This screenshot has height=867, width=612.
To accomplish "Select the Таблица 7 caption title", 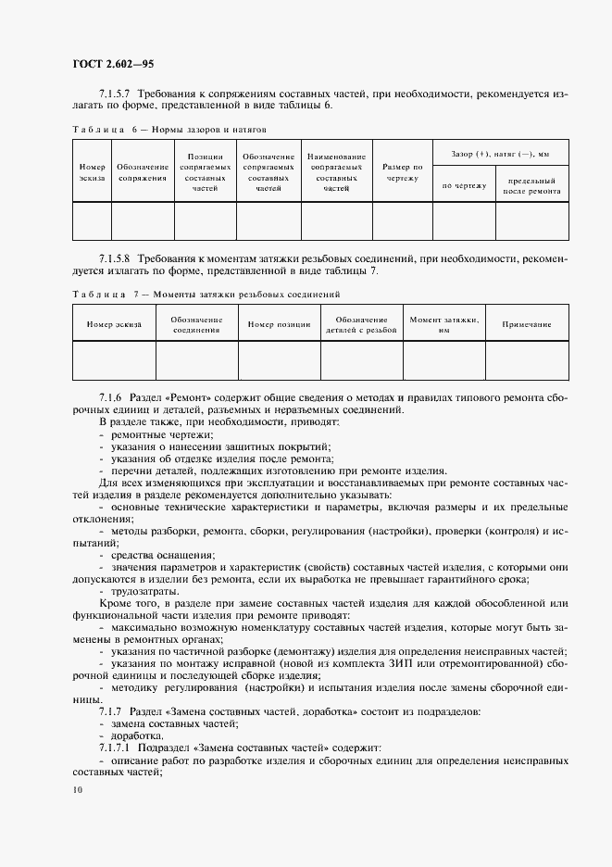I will pos(206,294).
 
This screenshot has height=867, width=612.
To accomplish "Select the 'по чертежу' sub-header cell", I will pos(464,185).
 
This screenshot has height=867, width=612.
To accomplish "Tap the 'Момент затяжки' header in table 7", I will pos(443,323).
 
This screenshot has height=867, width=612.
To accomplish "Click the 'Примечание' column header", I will pos(526,324).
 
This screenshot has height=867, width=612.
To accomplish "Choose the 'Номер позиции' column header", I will pos(279,324).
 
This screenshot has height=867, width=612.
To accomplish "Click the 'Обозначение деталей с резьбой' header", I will pos(361,323).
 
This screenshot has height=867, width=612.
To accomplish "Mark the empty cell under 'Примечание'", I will pos(526,360).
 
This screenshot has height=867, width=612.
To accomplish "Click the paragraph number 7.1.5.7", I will pos(118,94).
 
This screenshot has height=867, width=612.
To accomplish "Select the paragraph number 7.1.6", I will pos(111,396).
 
